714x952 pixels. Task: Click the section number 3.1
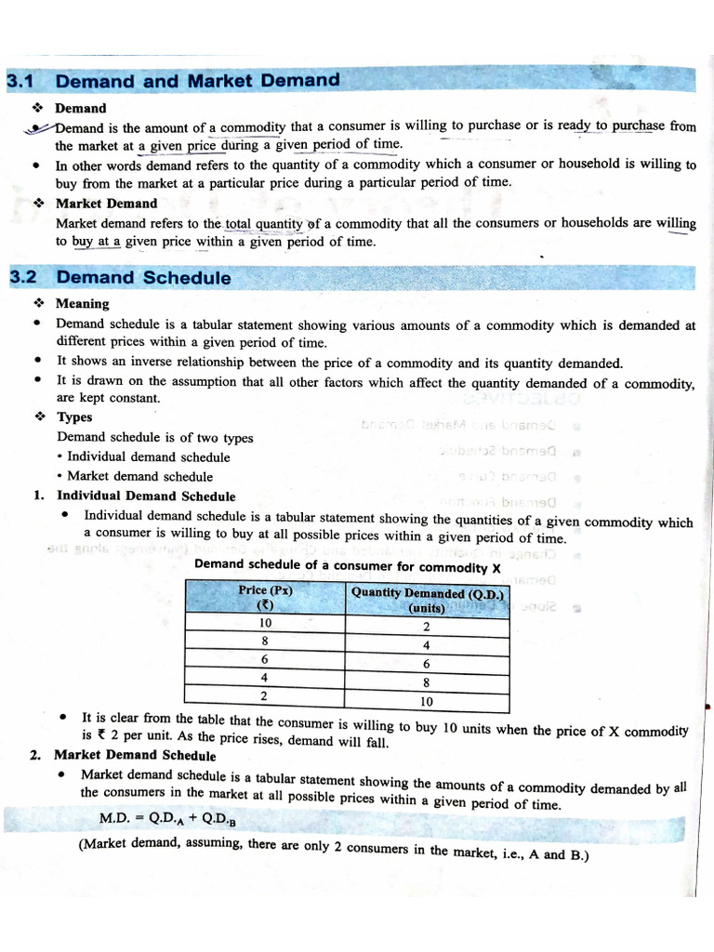pos(20,82)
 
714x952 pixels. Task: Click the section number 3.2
pos(22,277)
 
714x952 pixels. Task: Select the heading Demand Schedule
pos(143,277)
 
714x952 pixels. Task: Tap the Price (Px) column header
pos(266,597)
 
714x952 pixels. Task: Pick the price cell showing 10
pos(266,624)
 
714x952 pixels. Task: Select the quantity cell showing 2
pos(427,627)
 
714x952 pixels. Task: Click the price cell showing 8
pos(266,641)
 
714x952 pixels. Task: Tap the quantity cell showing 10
pos(427,702)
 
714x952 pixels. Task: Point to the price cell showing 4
pos(265,678)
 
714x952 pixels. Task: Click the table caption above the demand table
pos(348,567)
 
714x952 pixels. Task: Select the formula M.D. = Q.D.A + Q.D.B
pos(167,819)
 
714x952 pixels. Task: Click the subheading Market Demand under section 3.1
pos(106,203)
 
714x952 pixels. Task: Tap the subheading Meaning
pos(82,303)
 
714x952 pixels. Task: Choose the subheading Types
pos(74,417)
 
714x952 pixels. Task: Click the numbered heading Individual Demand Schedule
pos(146,496)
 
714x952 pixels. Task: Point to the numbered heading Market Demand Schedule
pos(135,755)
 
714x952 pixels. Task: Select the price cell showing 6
pos(265,659)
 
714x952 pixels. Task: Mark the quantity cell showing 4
pos(427,645)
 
